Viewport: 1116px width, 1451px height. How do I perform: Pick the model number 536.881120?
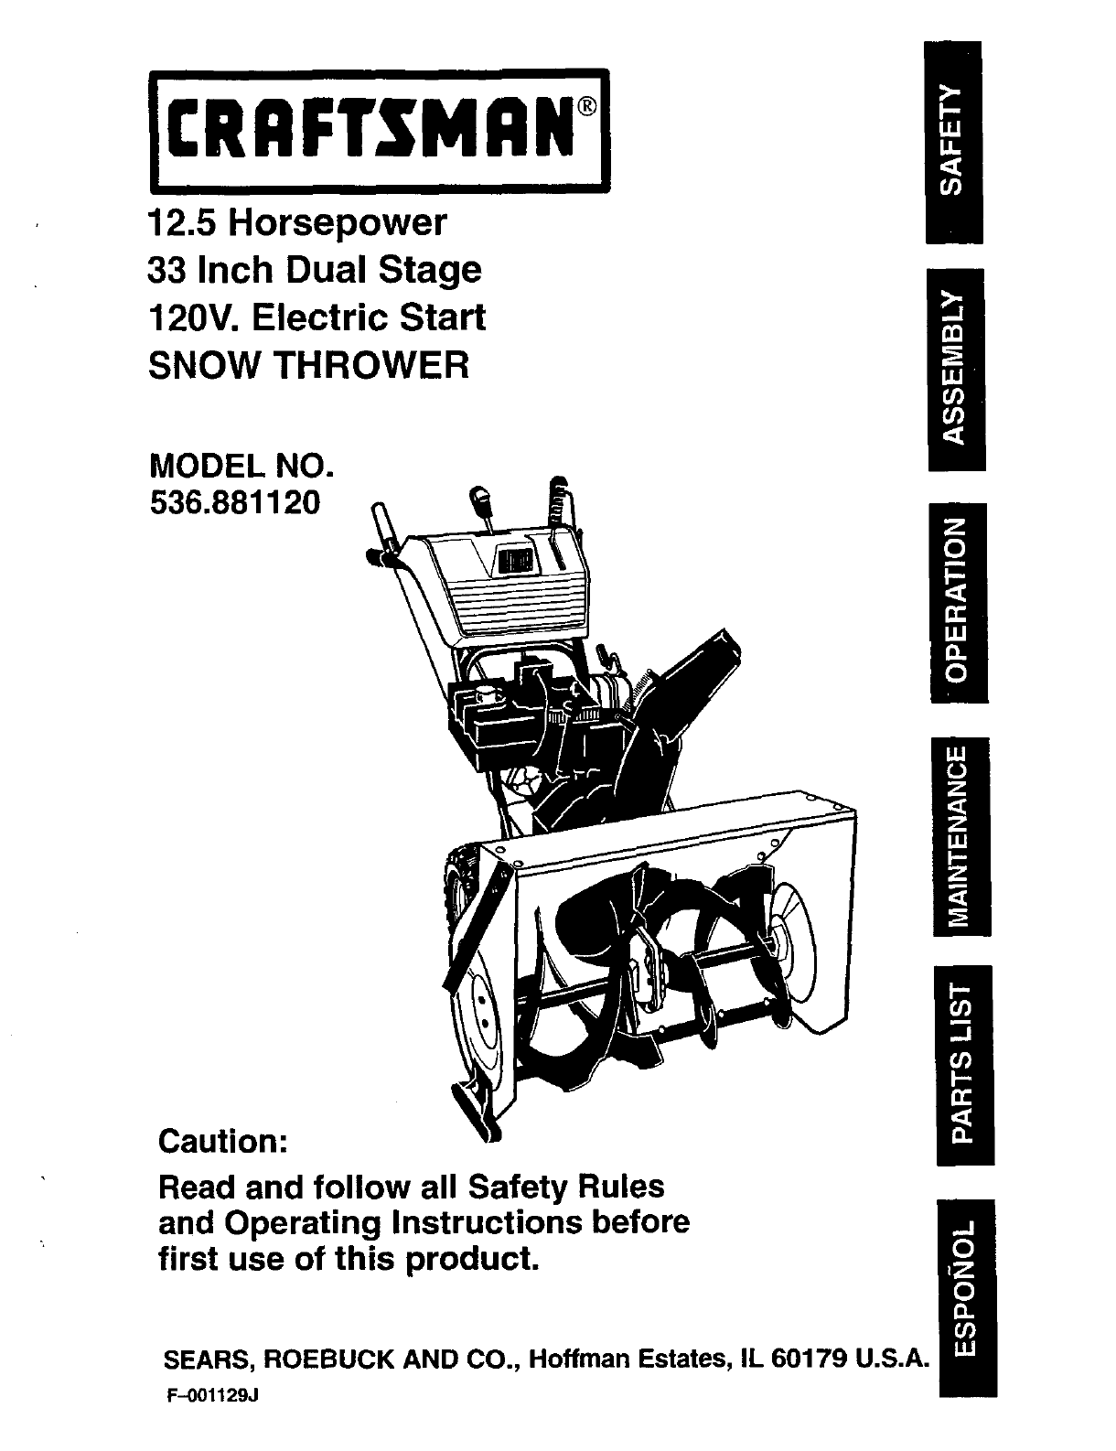[235, 501]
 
